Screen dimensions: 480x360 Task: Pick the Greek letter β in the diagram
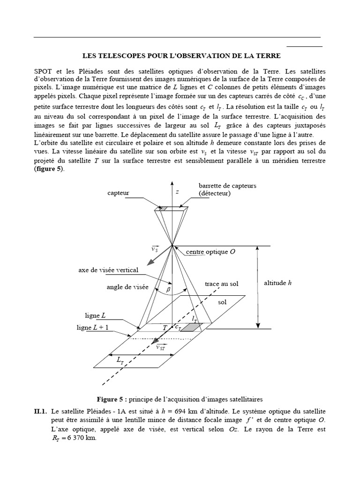[169, 291]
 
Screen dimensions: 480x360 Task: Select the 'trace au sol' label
[221, 284]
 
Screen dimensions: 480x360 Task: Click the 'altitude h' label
[278, 283]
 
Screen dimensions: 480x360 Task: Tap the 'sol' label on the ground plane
[222, 302]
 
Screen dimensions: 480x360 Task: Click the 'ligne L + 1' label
[93, 328]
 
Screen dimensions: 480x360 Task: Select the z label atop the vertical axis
[177, 192]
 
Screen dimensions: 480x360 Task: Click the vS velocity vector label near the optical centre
[155, 249]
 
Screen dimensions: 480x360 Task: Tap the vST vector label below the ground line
[161, 347]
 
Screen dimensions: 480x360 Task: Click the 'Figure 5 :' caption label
[112, 399]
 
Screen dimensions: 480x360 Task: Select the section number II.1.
[40, 411]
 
